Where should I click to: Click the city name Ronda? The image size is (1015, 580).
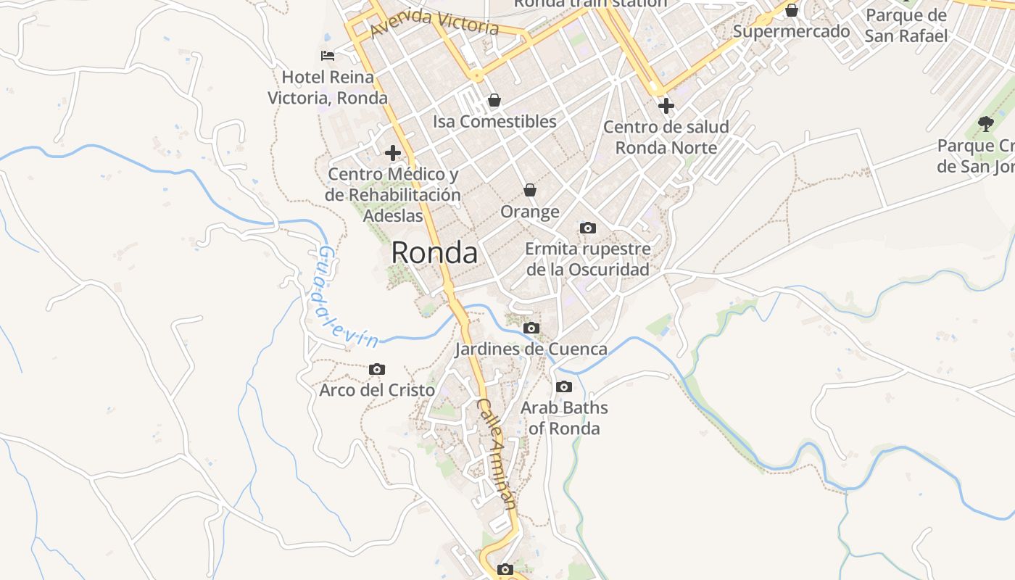[x=434, y=253]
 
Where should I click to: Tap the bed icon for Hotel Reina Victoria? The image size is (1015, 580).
[x=328, y=55]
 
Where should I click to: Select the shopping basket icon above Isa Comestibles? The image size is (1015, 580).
[x=494, y=100]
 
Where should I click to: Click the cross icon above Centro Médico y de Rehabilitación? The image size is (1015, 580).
[x=393, y=153]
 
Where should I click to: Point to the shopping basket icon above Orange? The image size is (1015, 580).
[x=530, y=190]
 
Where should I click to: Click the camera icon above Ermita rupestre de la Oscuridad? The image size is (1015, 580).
[x=588, y=228]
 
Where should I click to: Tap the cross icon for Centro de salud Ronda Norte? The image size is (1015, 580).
[x=666, y=106]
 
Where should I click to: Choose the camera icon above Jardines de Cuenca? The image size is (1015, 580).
[x=531, y=328]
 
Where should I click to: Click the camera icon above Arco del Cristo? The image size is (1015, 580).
[x=377, y=370]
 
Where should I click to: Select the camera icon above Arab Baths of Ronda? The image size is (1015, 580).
[x=564, y=387]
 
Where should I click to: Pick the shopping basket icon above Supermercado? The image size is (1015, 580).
[x=792, y=11]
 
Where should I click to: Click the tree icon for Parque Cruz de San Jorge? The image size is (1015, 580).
[x=985, y=124]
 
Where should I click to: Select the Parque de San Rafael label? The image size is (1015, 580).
[x=906, y=25]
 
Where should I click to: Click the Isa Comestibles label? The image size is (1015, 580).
[x=494, y=122]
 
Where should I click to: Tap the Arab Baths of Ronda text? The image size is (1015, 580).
[x=564, y=418]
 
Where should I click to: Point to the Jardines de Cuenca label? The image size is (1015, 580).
[x=531, y=349]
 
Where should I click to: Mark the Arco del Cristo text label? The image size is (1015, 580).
[x=377, y=390]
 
